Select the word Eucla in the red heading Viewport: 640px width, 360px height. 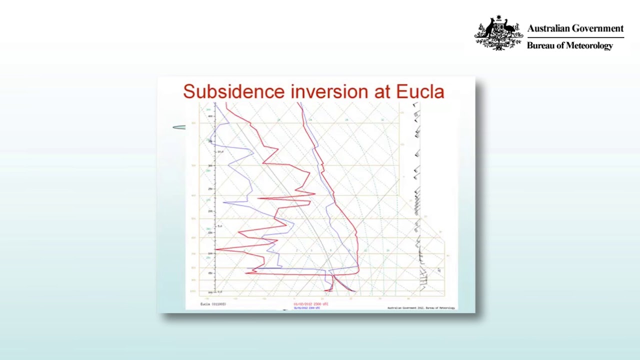click(420, 91)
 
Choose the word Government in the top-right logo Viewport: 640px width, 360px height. click(599, 28)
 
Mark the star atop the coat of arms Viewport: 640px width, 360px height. click(499, 18)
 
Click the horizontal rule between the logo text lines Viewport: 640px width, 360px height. click(575, 37)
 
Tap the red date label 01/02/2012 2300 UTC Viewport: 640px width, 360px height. click(310, 303)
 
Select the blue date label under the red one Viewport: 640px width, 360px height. click(306, 308)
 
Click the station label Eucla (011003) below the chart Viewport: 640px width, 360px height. click(213, 304)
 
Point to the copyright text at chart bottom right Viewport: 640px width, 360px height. click(421, 307)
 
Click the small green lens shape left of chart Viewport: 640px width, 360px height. click(179, 127)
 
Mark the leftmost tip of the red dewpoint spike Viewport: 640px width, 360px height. click(215, 249)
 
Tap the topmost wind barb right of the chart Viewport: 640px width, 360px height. click(415, 105)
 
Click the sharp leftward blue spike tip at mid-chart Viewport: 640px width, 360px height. click(223, 202)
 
